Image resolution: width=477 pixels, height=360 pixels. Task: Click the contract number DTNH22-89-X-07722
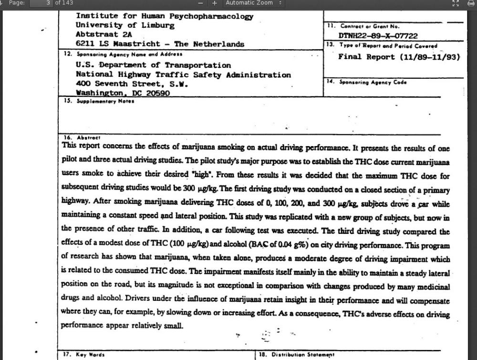pos(378,36)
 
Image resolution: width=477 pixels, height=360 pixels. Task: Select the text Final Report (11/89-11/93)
pos(399,57)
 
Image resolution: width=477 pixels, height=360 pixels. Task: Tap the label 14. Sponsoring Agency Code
pos(373,82)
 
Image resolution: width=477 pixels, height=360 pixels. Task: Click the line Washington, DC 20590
pos(123,93)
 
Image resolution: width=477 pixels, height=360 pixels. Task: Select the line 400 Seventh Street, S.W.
pos(132,84)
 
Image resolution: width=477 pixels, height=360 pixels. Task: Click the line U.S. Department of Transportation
pos(153,65)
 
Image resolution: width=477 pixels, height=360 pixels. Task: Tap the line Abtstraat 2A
pos(104,34)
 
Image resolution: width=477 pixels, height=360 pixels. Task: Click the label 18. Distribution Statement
pos(296,355)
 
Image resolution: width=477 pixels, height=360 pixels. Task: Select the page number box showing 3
pos(41,3)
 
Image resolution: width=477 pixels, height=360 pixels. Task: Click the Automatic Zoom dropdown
pos(254,3)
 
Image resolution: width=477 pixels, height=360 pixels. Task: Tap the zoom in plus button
pos(215,3)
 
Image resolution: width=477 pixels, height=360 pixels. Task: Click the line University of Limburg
pos(125,25)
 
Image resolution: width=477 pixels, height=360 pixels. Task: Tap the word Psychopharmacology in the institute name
pos(208,16)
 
